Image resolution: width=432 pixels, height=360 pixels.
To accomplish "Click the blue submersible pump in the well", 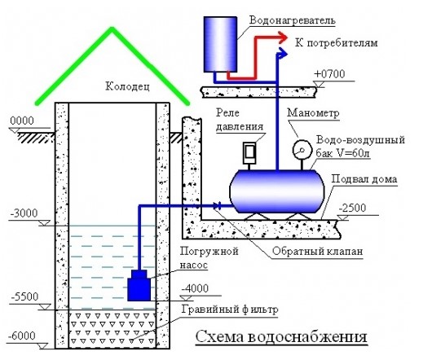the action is coord(139,286).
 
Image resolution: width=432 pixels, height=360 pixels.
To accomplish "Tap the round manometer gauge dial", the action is coord(302,150).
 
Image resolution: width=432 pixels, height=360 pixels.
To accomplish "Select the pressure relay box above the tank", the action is coord(249,153).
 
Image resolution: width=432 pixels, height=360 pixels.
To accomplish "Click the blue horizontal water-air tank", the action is coord(277,191).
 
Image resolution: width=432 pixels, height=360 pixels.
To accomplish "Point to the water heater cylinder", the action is coord(220,44).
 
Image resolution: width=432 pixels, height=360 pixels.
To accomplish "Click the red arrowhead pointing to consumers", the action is coord(282,37).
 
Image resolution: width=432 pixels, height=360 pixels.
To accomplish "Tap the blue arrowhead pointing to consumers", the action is coord(282,53).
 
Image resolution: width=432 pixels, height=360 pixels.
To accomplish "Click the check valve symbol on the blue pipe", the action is coord(218,205).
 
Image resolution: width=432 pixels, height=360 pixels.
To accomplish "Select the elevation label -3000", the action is coord(24,213).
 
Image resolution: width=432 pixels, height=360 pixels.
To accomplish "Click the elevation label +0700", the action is coord(329,74).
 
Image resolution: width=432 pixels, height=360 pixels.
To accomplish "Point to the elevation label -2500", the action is coord(352,208).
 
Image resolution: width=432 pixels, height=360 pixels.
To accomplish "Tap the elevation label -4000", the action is coord(195,288).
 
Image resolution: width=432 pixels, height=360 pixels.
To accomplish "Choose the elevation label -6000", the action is coord(22,336).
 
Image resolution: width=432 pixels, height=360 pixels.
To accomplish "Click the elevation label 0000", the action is coord(22,121).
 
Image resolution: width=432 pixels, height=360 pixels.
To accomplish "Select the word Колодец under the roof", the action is coord(127,86).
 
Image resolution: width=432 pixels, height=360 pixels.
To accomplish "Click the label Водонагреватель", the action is coord(293,20).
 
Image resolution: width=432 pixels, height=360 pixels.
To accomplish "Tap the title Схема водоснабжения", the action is coord(281,336).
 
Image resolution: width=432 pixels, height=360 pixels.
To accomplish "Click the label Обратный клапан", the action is coord(317,251).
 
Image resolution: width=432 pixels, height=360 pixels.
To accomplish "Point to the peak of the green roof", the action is coord(112,28).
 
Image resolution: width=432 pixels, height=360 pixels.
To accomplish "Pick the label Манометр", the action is coord(313,113).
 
